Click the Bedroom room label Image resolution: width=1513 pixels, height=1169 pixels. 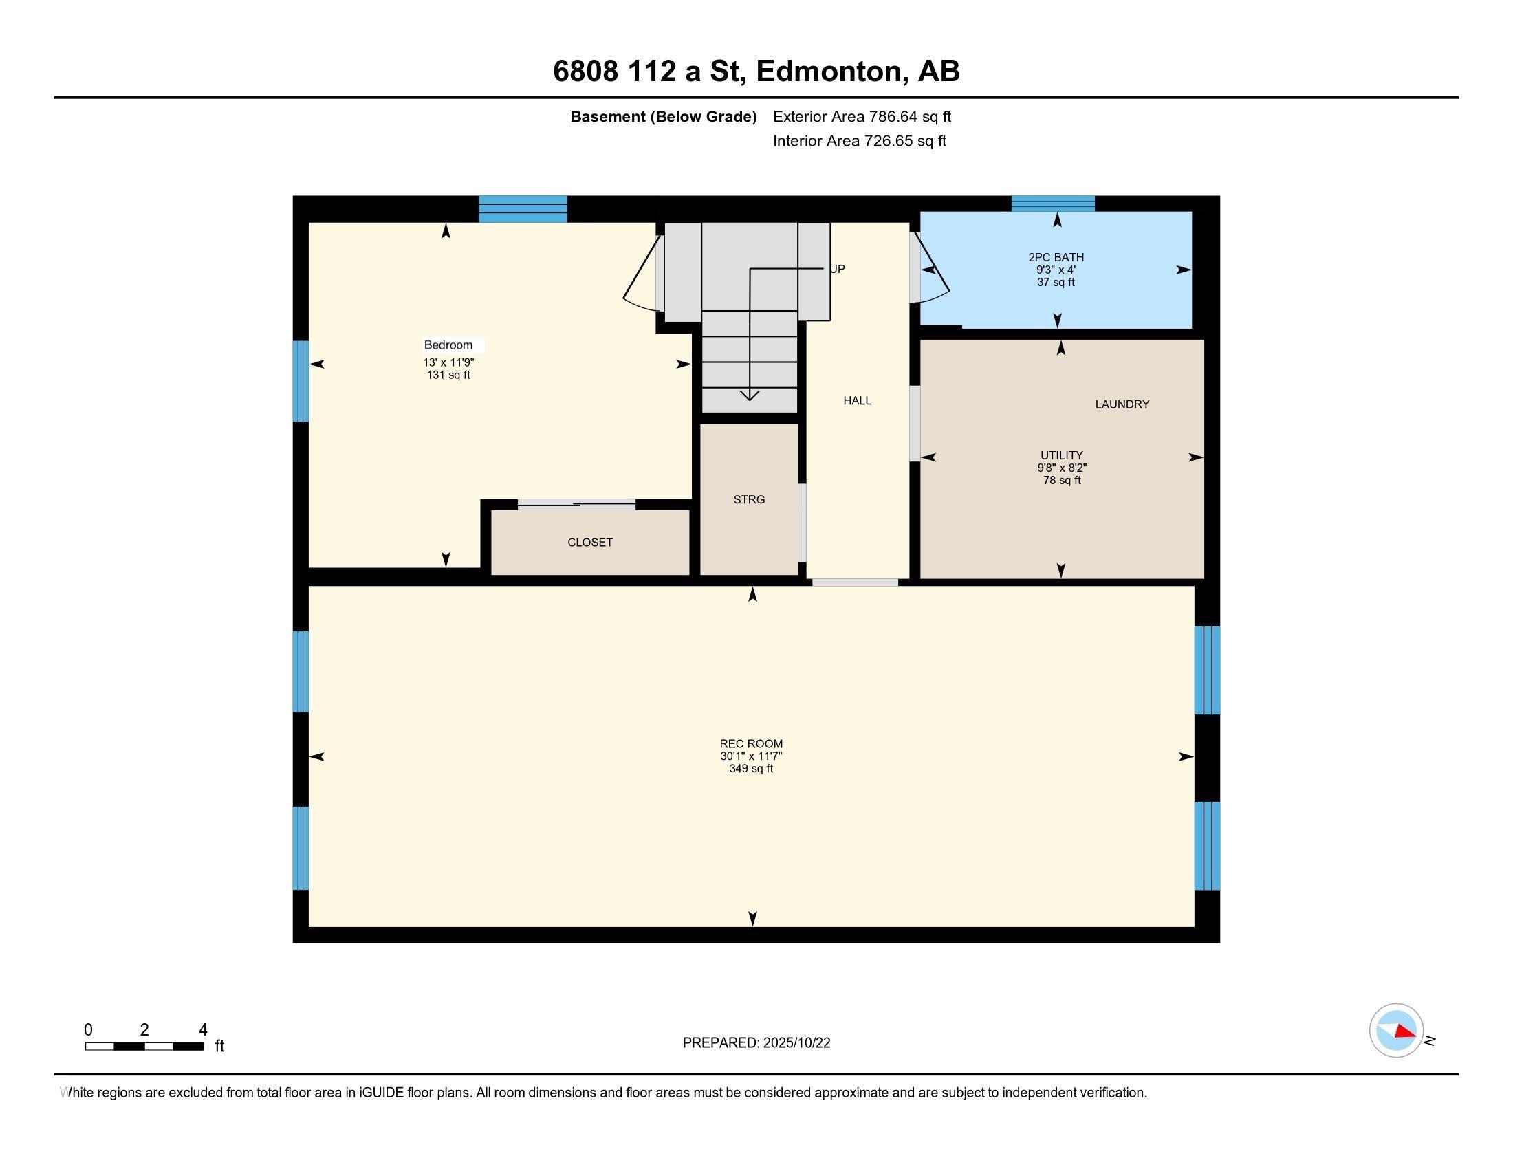[448, 345]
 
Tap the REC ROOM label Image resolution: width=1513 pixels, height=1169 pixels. [751, 744]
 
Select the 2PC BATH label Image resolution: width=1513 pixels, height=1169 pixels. [1056, 258]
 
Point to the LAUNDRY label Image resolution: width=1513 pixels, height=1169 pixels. [1122, 404]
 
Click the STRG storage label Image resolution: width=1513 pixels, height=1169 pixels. [749, 499]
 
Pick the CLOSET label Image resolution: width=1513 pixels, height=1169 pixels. [590, 543]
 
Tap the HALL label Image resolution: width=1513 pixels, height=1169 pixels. [857, 400]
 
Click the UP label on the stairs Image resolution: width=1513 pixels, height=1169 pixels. [838, 269]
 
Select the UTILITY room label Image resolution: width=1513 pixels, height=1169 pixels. [1061, 455]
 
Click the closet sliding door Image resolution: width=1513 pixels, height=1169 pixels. [576, 504]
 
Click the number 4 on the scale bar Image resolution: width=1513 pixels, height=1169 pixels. [203, 1029]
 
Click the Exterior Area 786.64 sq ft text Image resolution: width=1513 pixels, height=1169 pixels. [862, 116]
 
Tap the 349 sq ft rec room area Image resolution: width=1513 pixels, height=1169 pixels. [751, 769]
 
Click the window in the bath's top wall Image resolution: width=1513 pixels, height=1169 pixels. [1053, 204]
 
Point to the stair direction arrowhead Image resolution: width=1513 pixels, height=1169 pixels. [750, 395]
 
